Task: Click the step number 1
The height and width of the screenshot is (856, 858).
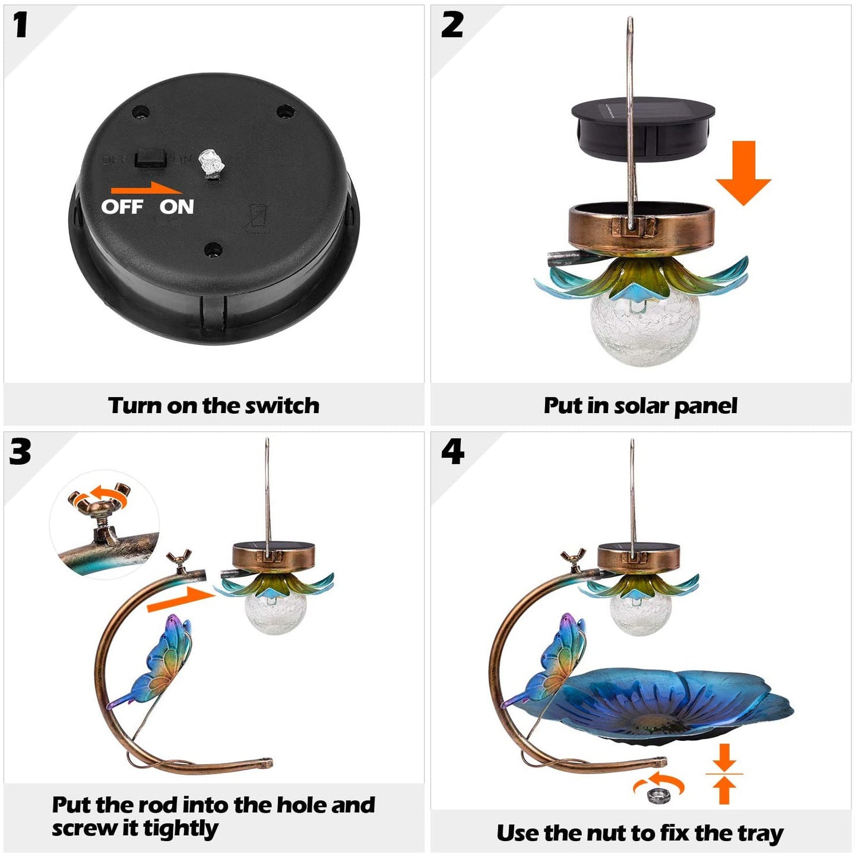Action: [x=21, y=26]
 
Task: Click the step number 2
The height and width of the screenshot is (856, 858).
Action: [x=452, y=26]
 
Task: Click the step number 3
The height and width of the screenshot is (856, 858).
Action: [x=20, y=452]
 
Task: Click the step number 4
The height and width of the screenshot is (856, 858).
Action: [x=452, y=452]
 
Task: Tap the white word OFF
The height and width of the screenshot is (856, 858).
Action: [x=122, y=207]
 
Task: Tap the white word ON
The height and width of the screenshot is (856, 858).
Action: [x=176, y=207]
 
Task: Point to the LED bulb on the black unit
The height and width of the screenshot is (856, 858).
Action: [x=210, y=163]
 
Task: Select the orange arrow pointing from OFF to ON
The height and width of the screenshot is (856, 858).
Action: [x=146, y=188]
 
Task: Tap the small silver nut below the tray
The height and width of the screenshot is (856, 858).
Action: [x=657, y=795]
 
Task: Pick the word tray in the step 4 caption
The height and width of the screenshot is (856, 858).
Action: [x=760, y=833]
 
